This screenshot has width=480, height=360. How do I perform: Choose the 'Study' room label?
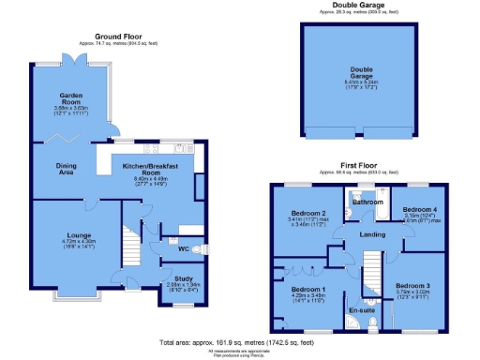(x=184, y=276)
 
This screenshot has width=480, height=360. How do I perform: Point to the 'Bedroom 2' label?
(x=307, y=213)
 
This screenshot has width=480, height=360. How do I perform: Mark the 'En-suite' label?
(x=361, y=307)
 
